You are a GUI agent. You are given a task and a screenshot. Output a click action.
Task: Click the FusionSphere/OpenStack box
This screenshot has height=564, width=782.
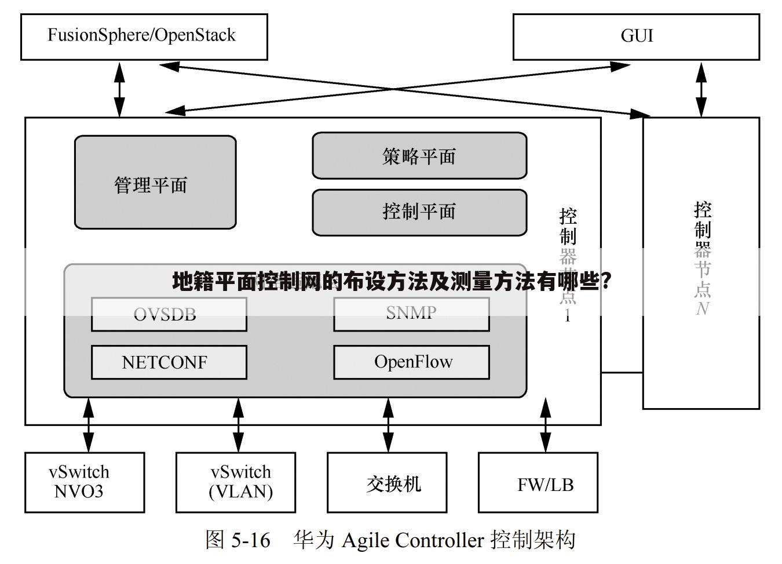[x=144, y=37]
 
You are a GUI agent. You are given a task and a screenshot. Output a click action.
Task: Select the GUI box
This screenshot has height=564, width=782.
[x=636, y=37]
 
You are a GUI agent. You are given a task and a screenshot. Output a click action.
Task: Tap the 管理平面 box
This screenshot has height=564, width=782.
[x=155, y=183]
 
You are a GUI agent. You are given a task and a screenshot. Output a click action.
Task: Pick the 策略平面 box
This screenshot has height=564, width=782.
[x=419, y=156]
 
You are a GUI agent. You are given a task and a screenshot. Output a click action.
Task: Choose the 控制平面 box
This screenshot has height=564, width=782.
[x=419, y=212]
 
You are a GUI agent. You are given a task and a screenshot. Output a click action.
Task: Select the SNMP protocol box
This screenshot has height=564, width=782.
[x=411, y=314]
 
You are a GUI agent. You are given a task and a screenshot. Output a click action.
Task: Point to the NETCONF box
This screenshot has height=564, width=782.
[x=169, y=362]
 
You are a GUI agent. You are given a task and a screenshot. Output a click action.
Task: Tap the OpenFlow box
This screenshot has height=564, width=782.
[x=411, y=362]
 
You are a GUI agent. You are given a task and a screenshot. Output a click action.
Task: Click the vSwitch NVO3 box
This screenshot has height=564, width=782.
[x=85, y=482]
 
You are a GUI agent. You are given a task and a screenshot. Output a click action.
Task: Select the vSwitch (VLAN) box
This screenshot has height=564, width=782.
[x=236, y=482]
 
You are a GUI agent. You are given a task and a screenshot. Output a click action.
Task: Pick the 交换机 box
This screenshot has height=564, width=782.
[x=387, y=482]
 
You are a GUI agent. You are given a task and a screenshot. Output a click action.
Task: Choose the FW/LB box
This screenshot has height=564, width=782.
[x=538, y=482]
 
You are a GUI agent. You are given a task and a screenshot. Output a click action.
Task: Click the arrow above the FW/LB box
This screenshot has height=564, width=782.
[x=545, y=425]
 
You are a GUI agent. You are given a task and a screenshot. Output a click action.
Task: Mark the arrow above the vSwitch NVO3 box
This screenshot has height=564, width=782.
[x=89, y=425]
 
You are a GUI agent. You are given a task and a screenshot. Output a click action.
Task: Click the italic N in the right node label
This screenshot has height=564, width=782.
[x=703, y=308]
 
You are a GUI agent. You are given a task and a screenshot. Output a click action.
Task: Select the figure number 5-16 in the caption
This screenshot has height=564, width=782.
[x=250, y=540]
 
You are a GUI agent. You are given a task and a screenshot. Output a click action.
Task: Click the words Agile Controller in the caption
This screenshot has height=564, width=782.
[x=412, y=540]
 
